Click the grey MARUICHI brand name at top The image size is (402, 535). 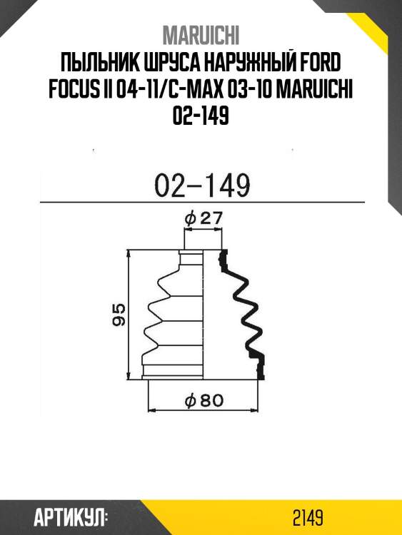point(201,35)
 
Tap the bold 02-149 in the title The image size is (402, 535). point(201,116)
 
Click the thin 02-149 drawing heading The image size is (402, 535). point(202,185)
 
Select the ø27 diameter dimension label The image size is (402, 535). point(203,218)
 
